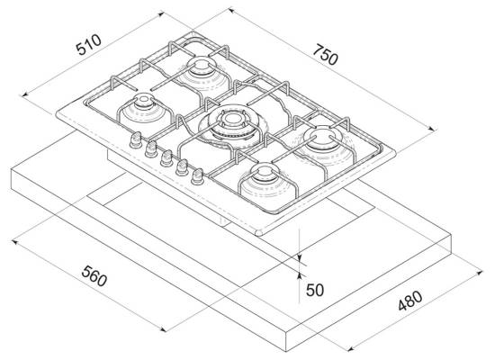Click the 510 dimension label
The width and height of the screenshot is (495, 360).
coord(89,44)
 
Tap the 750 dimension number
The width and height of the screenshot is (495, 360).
coord(326,55)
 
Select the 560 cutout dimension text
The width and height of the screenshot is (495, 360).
coord(94,276)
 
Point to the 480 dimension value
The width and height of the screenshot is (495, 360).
coord(409,301)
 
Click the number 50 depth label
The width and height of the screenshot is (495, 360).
coord(315,290)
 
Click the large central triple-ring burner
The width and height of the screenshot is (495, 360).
coord(233,126)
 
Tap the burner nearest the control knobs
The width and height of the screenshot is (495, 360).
coord(143,110)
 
